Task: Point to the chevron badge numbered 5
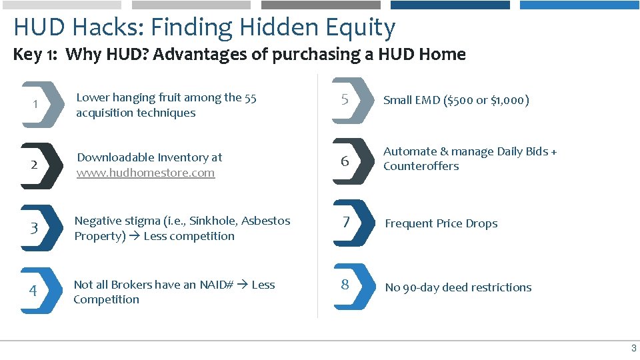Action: click(x=350, y=100)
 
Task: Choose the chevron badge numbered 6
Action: click(x=350, y=161)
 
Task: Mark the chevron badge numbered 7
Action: click(x=350, y=223)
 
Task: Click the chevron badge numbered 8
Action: click(x=350, y=285)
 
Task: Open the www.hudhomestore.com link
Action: click(x=145, y=173)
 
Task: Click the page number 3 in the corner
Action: click(x=633, y=348)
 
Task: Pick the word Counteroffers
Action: click(x=421, y=167)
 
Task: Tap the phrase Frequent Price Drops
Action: click(x=441, y=224)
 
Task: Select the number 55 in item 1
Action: click(x=250, y=98)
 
